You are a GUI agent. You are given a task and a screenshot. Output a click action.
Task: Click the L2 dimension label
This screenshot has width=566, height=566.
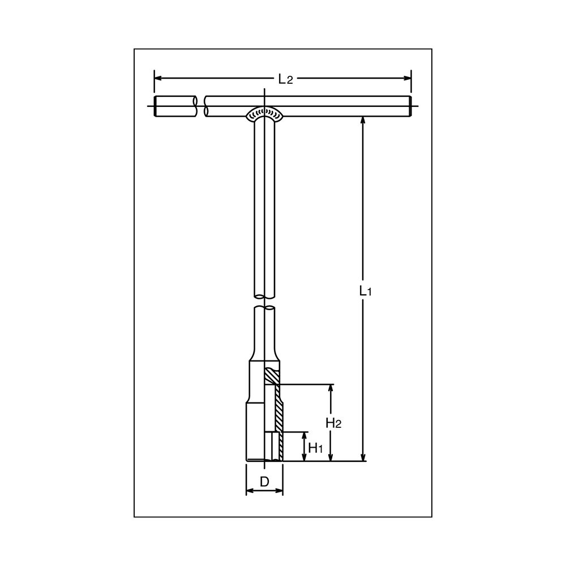click(285, 79)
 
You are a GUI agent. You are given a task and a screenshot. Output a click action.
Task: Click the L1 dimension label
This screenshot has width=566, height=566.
click(365, 290)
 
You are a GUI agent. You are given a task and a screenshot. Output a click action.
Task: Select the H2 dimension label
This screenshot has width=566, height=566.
click(333, 423)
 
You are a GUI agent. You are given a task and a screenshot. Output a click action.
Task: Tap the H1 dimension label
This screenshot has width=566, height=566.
click(315, 448)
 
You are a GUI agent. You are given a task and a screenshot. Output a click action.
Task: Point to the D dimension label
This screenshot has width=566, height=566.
click(264, 482)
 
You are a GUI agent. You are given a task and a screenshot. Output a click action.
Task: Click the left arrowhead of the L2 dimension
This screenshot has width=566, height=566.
click(158, 78)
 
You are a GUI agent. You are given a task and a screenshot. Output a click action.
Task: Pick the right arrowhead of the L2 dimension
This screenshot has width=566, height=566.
click(407, 78)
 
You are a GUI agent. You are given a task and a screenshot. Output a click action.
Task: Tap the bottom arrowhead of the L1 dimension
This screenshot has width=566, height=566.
click(363, 457)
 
